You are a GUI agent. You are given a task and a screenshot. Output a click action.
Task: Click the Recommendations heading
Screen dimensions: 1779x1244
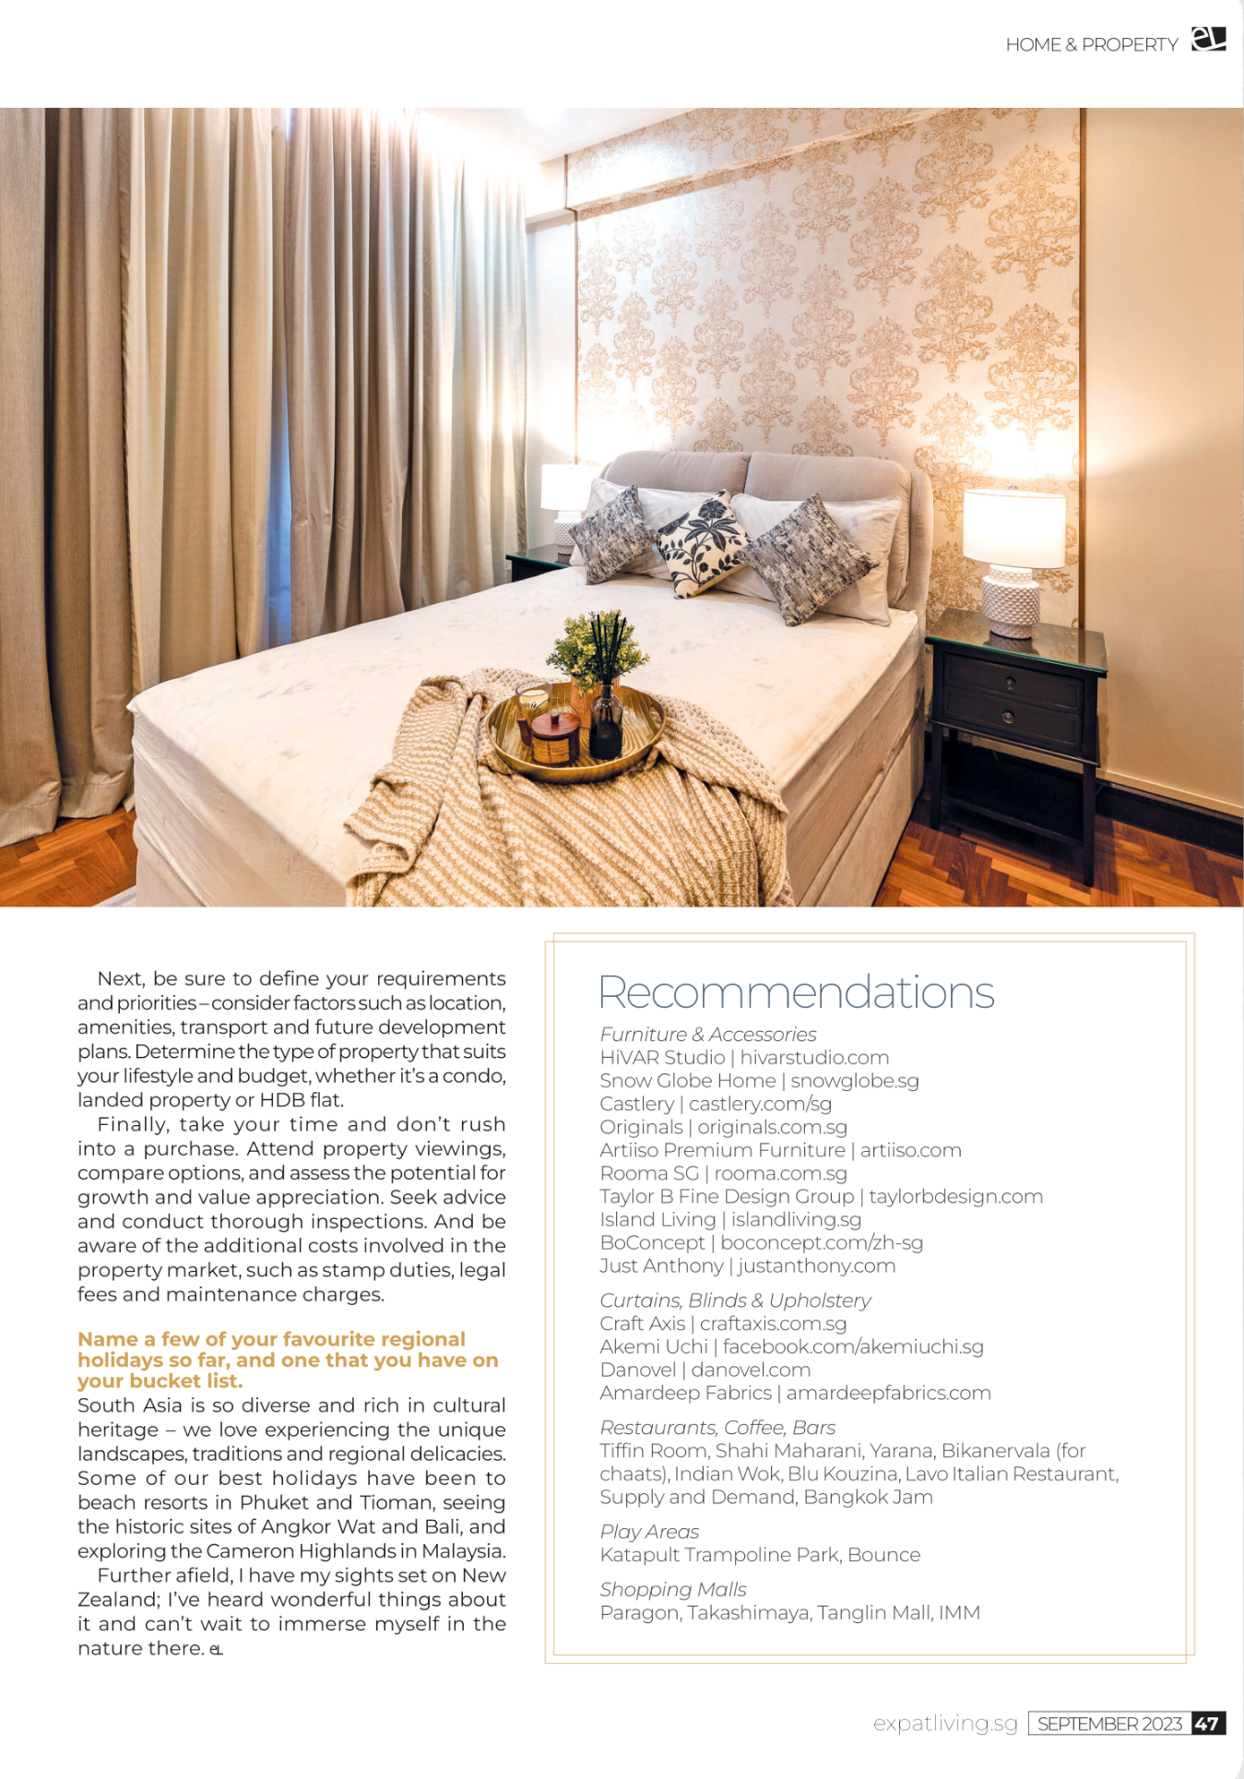point(796,992)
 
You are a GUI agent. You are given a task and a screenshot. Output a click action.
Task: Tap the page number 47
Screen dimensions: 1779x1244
point(1207,1723)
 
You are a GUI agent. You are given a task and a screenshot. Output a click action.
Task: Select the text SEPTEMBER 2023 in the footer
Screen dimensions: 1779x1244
point(1109,1724)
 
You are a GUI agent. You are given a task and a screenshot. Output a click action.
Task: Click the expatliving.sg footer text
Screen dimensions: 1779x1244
point(945,1723)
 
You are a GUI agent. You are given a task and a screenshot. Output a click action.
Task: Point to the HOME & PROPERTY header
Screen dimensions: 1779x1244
point(1092,44)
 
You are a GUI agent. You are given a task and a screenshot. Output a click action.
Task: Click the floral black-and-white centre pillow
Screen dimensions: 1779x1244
point(704,543)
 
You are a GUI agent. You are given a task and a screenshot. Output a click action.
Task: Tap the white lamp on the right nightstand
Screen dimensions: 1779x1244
point(1013,559)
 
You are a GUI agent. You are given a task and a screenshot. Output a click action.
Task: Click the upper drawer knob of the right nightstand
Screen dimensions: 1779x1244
point(1010,683)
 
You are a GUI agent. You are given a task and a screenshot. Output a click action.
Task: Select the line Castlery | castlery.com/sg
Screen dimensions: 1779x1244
point(716,1104)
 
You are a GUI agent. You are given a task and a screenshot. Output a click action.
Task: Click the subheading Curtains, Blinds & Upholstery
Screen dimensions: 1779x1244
point(735,1300)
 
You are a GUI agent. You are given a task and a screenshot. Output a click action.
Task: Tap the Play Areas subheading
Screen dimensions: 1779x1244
point(649,1532)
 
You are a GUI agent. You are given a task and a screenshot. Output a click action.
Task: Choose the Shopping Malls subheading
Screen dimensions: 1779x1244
point(673,1590)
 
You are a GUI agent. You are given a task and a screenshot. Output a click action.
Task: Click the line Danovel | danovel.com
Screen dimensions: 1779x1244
point(705,1370)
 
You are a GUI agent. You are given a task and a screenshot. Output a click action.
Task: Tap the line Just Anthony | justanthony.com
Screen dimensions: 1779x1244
point(747,1265)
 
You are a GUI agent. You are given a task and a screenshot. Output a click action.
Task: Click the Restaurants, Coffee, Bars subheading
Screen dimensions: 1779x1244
point(717,1428)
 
